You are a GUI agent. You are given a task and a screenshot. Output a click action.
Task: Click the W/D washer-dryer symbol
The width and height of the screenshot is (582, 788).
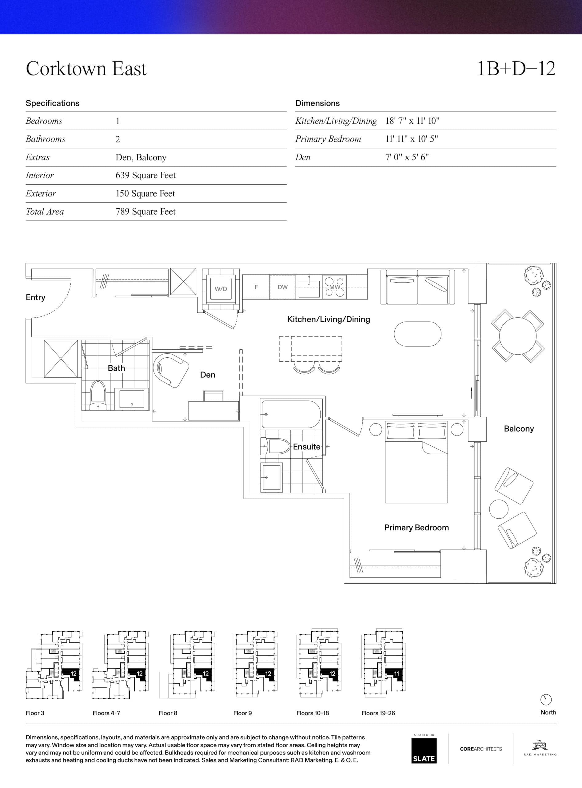pyautogui.click(x=221, y=289)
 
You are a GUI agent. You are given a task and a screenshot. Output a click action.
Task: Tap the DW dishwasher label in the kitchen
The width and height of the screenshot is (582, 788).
pyautogui.click(x=283, y=287)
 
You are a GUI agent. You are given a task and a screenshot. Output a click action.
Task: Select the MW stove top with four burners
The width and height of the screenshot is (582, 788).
pyautogui.click(x=334, y=287)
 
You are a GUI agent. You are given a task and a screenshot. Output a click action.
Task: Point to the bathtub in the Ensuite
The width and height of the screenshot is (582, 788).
pyautogui.click(x=291, y=414)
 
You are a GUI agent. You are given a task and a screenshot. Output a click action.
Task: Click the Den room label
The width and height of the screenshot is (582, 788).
pyautogui.click(x=208, y=375)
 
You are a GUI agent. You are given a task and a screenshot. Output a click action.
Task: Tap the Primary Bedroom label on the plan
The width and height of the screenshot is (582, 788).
pyautogui.click(x=417, y=528)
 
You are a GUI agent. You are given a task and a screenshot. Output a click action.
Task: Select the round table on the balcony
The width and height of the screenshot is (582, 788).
pyautogui.click(x=517, y=335)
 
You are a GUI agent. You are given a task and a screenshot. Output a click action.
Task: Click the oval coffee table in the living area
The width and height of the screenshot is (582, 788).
pyautogui.click(x=417, y=334)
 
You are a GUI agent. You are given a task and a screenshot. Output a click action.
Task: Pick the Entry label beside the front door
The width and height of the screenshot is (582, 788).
pyautogui.click(x=36, y=297)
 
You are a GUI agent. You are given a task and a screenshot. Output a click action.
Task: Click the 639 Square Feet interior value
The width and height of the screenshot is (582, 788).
pyautogui.click(x=145, y=175)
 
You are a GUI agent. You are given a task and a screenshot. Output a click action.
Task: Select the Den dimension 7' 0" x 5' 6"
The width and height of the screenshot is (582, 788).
pyautogui.click(x=407, y=157)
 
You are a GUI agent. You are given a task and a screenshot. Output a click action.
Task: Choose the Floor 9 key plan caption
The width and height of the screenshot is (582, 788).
pyautogui.click(x=242, y=713)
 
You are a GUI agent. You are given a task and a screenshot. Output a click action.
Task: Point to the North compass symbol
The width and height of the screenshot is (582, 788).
pyautogui.click(x=546, y=700)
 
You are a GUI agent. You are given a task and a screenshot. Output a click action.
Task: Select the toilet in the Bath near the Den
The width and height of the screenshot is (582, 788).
pyautogui.click(x=98, y=395)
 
